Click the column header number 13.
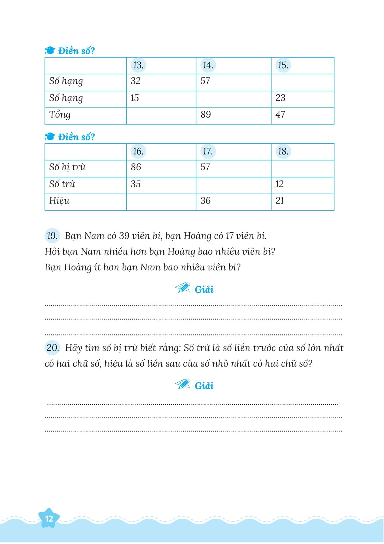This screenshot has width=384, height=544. pos(138,65)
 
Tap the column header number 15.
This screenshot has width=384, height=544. pos(283,65)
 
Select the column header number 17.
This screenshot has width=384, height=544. pos(208,151)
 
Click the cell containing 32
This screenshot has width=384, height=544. pos(136,81)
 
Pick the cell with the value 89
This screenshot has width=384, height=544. pos(206,115)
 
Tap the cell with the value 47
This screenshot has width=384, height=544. pos(280,115)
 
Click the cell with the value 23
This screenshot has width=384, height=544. pos(281,98)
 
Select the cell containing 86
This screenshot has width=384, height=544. pos(136,167)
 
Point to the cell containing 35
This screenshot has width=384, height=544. pos(136,184)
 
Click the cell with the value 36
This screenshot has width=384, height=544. pos(205,201)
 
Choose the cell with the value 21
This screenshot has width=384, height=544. pos(280,201)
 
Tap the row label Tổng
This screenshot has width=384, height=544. pos(60,115)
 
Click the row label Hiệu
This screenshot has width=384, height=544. pos(59,201)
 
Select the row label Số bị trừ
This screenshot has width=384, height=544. pos(67,167)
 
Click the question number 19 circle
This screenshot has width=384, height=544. pos(52,236)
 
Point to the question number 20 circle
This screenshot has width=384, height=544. pos(52,348)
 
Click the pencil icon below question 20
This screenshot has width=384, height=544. pos(182,384)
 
